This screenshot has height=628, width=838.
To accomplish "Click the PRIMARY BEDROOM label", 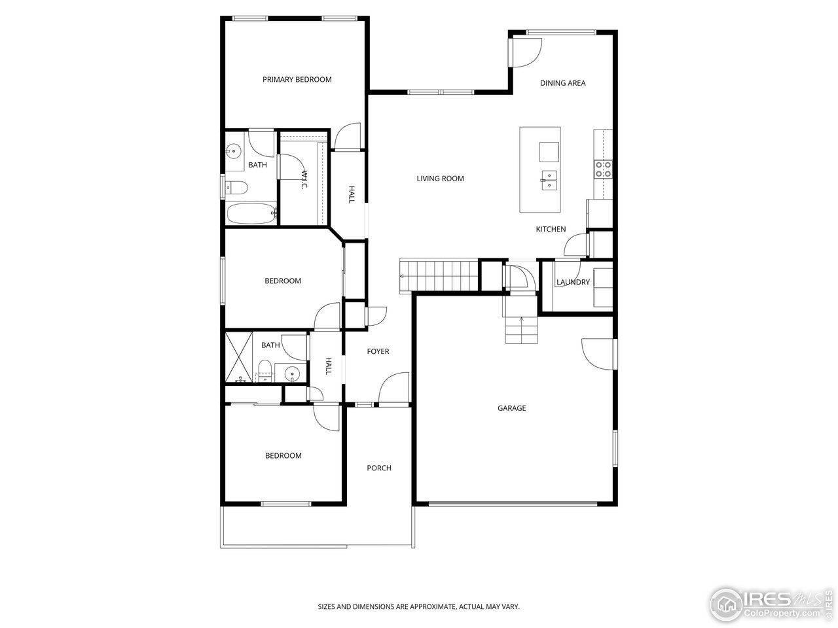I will coord(297,80).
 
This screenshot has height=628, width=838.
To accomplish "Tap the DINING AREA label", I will coord(562,83).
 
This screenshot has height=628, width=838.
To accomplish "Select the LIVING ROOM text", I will coord(440,179).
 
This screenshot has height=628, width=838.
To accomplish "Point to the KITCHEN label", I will coord(551,230).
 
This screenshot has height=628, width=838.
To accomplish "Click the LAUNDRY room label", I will coord(573,283).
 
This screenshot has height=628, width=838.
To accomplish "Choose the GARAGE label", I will coord(511,408).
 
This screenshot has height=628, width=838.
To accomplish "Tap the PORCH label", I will coord(379,468).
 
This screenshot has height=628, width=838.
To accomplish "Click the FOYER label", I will coord(378,352).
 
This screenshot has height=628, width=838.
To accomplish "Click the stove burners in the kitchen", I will coord(603,169).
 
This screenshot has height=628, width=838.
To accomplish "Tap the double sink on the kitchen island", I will coord(549,179).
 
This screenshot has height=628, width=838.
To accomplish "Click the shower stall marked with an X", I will coord(239,357).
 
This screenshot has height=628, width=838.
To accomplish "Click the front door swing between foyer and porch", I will coord(394,390).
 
